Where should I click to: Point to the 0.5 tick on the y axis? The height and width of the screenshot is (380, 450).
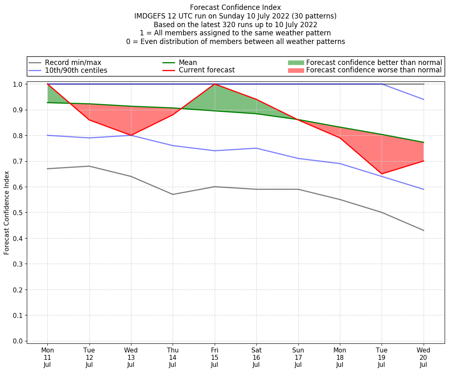coord(18,213)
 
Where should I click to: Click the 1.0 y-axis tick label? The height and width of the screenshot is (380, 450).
coord(18,84)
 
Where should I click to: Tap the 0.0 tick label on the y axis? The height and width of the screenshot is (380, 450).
coord(18,341)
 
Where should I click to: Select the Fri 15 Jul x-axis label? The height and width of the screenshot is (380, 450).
coord(215,357)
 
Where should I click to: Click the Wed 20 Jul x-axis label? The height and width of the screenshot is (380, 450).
coord(423,357)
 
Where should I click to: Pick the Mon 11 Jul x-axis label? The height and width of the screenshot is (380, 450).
coord(48,357)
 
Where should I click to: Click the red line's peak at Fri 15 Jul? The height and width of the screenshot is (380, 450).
coord(215,84)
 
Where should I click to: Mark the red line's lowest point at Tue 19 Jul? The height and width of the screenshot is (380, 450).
coord(382,174)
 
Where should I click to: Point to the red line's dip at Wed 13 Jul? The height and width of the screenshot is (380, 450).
coord(131,135)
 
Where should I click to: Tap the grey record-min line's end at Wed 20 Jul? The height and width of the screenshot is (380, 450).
coord(423,230)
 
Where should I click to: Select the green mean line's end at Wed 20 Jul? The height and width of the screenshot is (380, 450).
coord(423,142)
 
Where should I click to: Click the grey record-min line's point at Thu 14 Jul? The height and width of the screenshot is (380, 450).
coord(173,195)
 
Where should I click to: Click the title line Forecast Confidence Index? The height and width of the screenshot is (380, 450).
coord(235,7)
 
